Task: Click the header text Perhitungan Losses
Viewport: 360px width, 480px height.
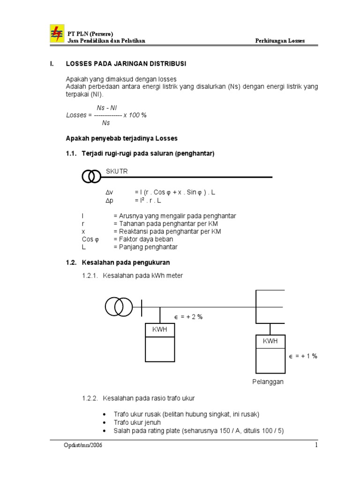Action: pyautogui.click(x=280, y=41)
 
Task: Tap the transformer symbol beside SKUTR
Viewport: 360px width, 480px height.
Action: pyautogui.click(x=92, y=177)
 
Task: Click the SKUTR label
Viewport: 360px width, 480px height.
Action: pyautogui.click(x=117, y=172)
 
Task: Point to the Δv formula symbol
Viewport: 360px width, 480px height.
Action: pyautogui.click(x=109, y=193)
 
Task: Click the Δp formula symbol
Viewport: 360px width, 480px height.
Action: pyautogui.click(x=109, y=201)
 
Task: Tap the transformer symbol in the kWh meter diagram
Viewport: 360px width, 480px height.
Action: pyautogui.click(x=118, y=307)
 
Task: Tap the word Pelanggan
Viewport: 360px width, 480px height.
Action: pyautogui.click(x=268, y=382)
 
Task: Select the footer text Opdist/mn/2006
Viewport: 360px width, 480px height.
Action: pyautogui.click(x=83, y=445)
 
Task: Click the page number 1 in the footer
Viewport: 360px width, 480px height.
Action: pyautogui.click(x=316, y=445)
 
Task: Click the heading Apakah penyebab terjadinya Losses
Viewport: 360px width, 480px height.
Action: pyautogui.click(x=121, y=139)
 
